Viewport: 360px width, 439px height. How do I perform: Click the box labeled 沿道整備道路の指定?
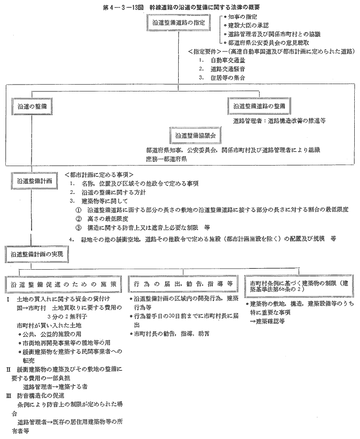(179, 23)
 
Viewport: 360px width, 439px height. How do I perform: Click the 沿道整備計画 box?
(32, 180)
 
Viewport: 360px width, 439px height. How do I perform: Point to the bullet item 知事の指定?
(242, 17)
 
